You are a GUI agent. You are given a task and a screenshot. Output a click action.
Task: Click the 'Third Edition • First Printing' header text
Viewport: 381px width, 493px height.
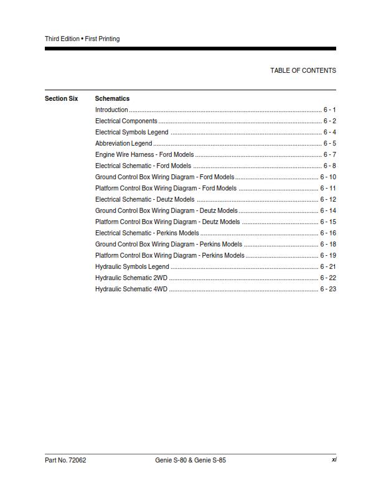coord(82,39)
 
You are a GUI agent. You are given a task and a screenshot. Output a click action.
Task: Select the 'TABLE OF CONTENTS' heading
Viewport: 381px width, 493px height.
coord(303,70)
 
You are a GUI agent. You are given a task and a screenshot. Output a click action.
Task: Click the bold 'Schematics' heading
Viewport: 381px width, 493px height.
coord(112,98)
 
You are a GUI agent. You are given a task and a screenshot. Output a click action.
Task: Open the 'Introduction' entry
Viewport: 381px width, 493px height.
coord(111,110)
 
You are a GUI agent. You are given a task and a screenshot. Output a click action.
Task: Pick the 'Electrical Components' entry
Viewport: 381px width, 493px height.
coord(126,121)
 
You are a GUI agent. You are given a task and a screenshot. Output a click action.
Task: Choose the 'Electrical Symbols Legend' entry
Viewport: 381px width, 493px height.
coord(131,132)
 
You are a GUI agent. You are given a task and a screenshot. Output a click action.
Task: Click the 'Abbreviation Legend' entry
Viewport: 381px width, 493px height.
coord(123,143)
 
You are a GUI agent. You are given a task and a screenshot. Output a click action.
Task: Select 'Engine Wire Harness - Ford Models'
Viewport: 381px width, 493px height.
coord(144,154)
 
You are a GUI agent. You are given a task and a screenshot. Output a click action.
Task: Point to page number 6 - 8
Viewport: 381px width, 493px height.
coord(329,166)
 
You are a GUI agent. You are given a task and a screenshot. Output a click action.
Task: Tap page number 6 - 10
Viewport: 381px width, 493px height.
coord(328,177)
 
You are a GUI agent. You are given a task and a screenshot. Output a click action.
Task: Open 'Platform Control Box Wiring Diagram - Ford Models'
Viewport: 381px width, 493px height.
coord(166,188)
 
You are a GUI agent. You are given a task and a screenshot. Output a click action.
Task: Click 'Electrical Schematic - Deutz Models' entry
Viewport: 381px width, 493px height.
coord(144,199)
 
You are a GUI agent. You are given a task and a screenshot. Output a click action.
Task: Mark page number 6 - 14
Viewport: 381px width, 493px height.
coord(328,210)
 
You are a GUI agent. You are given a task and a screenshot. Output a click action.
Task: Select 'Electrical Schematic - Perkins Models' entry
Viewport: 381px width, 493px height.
coord(147,233)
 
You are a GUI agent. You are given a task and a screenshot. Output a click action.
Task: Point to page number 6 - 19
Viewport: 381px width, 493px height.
coord(328,255)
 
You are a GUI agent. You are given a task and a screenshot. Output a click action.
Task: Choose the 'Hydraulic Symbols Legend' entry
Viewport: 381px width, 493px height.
coord(132,266)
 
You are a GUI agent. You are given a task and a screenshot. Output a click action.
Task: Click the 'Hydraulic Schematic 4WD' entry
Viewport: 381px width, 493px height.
coord(131,289)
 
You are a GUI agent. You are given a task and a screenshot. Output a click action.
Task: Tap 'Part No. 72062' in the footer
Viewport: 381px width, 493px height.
coord(65,461)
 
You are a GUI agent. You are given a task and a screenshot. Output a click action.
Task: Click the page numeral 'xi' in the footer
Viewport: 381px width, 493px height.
coord(333,461)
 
